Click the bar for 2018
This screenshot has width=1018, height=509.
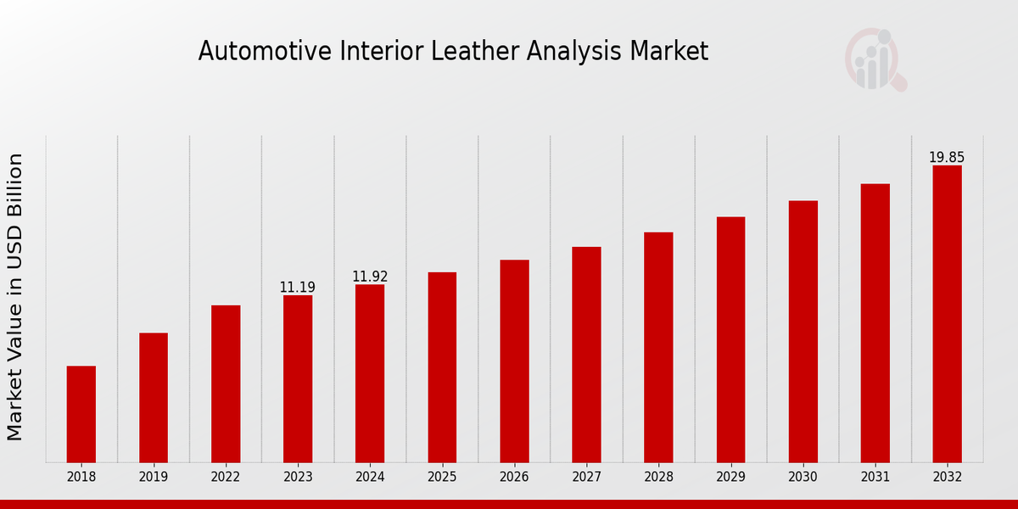tap(81, 414)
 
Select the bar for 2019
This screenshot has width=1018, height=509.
tap(154, 397)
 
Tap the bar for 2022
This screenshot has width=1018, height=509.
tap(226, 383)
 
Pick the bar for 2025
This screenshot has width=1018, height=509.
tap(442, 366)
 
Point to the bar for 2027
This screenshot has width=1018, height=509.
tap(586, 354)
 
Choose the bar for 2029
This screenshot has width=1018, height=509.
tap(730, 339)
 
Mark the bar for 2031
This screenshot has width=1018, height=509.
tap(875, 322)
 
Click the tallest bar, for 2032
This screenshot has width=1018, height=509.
tap(947, 314)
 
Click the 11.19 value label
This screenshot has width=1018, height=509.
tap(297, 288)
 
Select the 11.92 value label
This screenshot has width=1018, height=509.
tap(370, 277)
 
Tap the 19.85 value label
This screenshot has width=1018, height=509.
tap(947, 158)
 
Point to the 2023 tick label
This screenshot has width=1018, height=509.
tap(298, 477)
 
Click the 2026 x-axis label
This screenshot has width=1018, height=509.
tap(514, 477)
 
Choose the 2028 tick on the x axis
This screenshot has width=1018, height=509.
tap(658, 477)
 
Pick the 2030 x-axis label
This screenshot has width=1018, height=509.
tap(803, 477)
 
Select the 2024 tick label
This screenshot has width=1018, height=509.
tap(370, 477)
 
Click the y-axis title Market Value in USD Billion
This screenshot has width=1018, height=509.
tap(15, 297)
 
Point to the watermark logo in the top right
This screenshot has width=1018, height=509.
tap(875, 59)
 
